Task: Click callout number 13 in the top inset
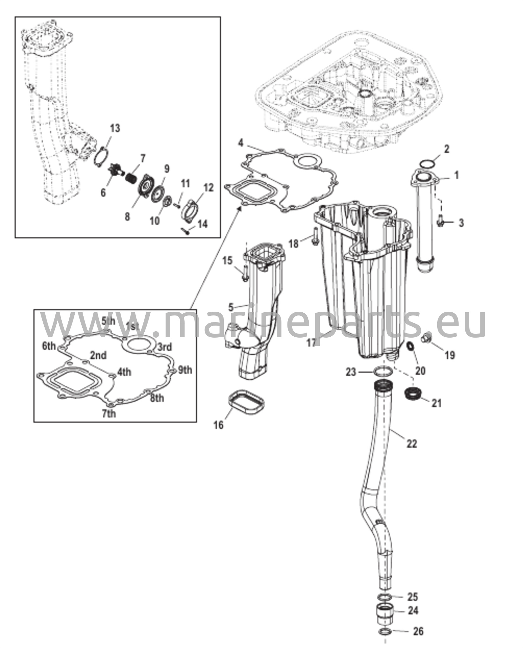coord(115,129)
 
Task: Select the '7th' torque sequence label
coord(109,414)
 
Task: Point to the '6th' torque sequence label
coord(49,346)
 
